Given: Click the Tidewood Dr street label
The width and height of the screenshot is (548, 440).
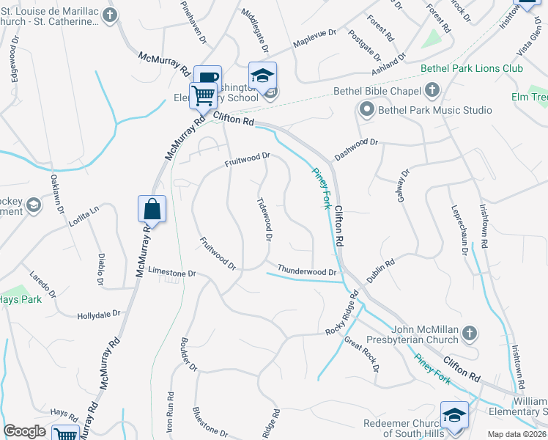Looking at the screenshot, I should coord(265,219).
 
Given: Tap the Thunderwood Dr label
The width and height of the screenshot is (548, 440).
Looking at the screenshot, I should coord(306,271).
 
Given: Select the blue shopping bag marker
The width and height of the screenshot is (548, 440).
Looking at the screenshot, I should coord(152,209).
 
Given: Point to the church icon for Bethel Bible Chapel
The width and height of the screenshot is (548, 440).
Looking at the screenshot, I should coord(432,91).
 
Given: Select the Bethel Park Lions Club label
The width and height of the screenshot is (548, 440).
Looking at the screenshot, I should coord(472,68).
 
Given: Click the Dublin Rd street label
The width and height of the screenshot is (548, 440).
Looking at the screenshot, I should coord(381,271).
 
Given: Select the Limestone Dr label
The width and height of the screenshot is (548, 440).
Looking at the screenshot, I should coord(173,272).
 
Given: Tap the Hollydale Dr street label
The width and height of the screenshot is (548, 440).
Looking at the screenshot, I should coord(99,315).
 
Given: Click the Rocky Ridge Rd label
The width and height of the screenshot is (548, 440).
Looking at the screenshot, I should coord(343,313).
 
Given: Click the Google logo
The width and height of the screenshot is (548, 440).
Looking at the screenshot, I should coord(25,431).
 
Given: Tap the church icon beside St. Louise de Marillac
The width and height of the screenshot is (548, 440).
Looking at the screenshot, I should coord(109,15).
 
